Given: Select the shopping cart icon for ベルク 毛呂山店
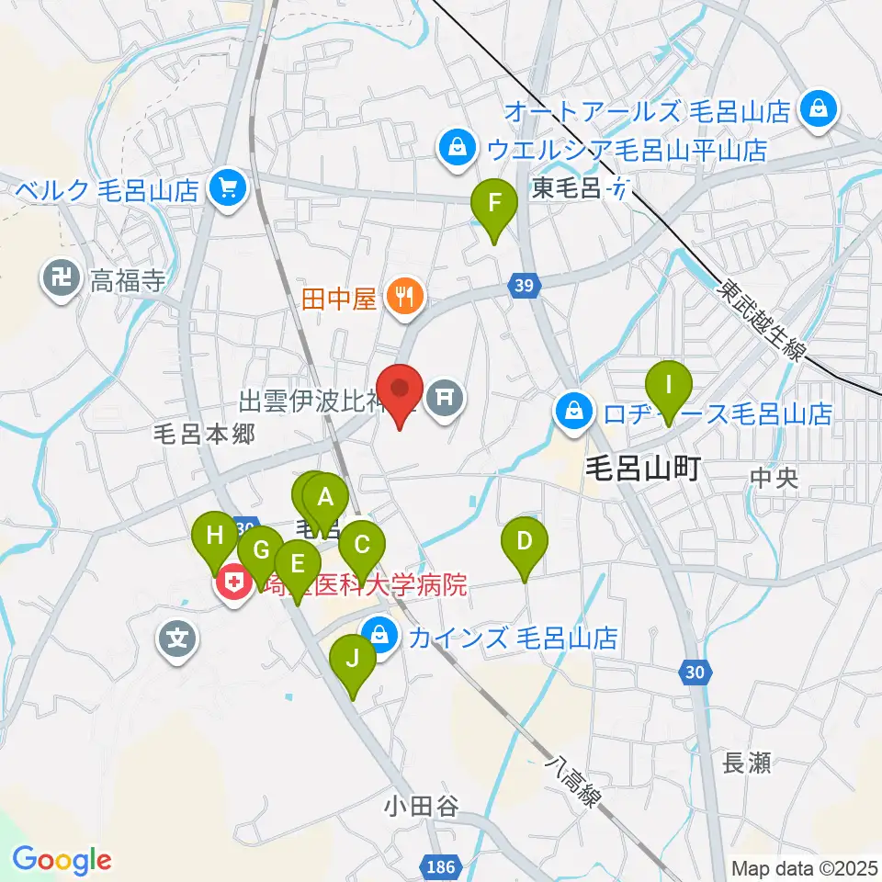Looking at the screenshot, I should click(225, 190).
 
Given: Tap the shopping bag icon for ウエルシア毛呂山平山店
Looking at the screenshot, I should click(455, 147).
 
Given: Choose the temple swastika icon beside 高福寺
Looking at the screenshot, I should click(62, 280).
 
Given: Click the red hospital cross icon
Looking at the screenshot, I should click(233, 584).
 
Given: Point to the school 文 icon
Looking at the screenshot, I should click(178, 636).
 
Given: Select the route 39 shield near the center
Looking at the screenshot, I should click(523, 287).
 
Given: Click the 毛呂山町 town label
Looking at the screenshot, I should click(644, 470).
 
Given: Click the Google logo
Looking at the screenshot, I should click(62, 860).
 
